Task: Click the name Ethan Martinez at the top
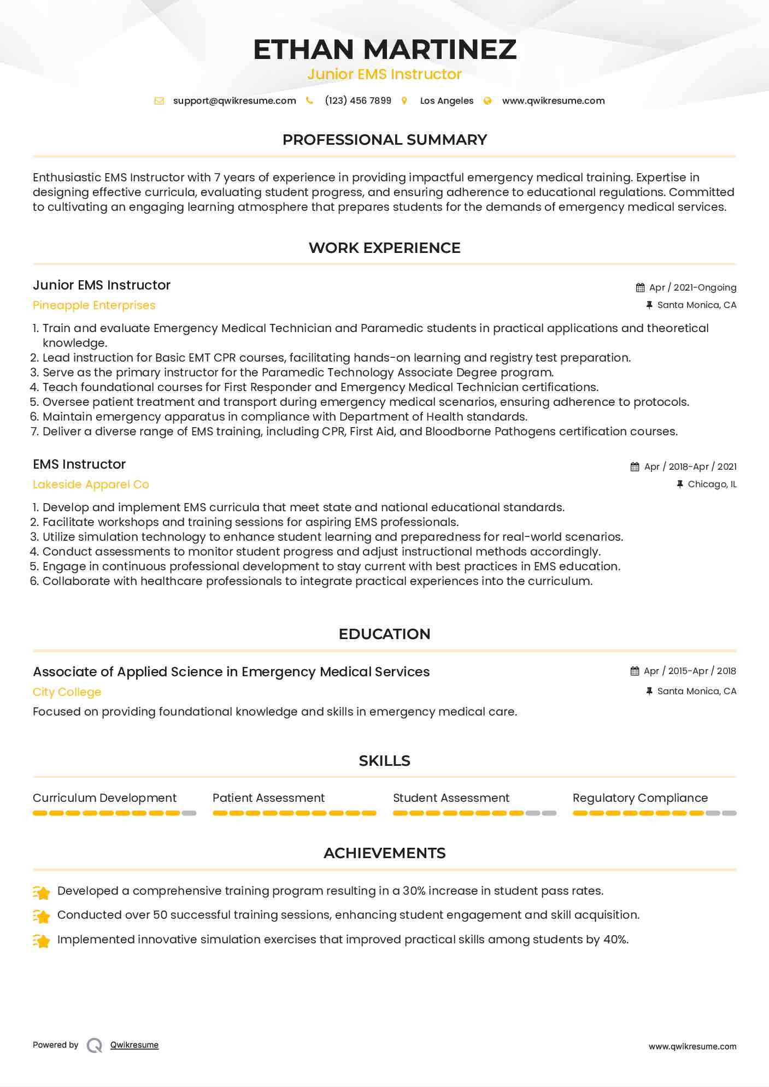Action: (384, 49)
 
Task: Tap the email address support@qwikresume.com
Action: (234, 101)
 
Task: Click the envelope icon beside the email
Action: (159, 101)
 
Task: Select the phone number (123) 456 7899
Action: (358, 101)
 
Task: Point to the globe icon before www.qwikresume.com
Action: (488, 101)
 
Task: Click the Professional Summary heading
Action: (384, 140)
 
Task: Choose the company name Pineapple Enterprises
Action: (94, 305)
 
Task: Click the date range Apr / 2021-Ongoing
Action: (692, 287)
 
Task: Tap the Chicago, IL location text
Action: (712, 484)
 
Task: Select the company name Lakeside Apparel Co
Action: (91, 485)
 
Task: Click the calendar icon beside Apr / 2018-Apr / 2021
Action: (635, 466)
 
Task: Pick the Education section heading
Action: (384, 634)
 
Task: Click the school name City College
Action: (67, 692)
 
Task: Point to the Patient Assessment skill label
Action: (268, 798)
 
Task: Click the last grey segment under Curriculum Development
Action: (189, 813)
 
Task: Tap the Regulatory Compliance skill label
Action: (640, 798)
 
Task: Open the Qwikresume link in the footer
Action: (134, 1045)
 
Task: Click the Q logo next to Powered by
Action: (95, 1045)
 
